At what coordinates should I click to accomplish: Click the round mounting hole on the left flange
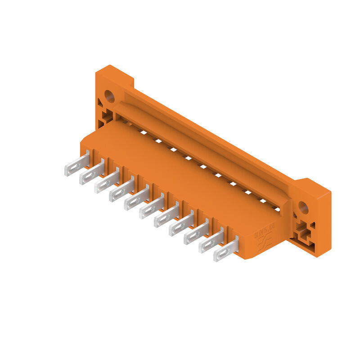click(x=109, y=96)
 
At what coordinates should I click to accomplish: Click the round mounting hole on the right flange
click(x=303, y=207)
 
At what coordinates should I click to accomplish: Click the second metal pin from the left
click(x=92, y=174)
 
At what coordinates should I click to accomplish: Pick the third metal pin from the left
click(x=107, y=183)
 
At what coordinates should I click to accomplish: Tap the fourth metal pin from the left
click(x=121, y=191)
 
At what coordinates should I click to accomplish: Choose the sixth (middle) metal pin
click(x=151, y=208)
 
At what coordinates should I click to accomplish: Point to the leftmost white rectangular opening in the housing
click(x=143, y=132)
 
